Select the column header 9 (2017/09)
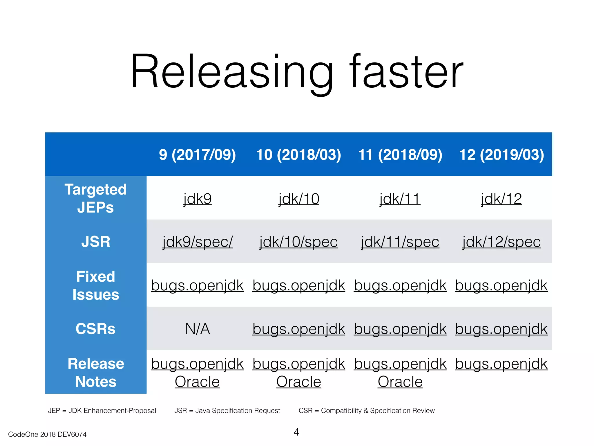(x=197, y=154)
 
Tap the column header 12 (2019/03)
(x=501, y=154)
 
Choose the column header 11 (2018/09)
(x=400, y=154)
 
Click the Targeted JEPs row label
(x=96, y=198)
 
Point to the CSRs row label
(x=96, y=329)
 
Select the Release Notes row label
(x=96, y=373)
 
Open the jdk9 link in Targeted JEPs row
(x=197, y=199)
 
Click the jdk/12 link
(x=501, y=199)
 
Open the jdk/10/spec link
(x=299, y=242)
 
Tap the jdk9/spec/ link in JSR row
(x=197, y=242)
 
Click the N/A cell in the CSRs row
(x=197, y=329)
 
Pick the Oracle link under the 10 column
(x=299, y=382)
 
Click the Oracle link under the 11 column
(x=400, y=382)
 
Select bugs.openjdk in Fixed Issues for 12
(x=501, y=285)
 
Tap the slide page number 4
(x=296, y=432)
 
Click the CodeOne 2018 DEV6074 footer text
(x=47, y=434)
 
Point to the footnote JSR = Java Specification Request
(x=227, y=411)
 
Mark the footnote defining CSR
(x=367, y=411)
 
